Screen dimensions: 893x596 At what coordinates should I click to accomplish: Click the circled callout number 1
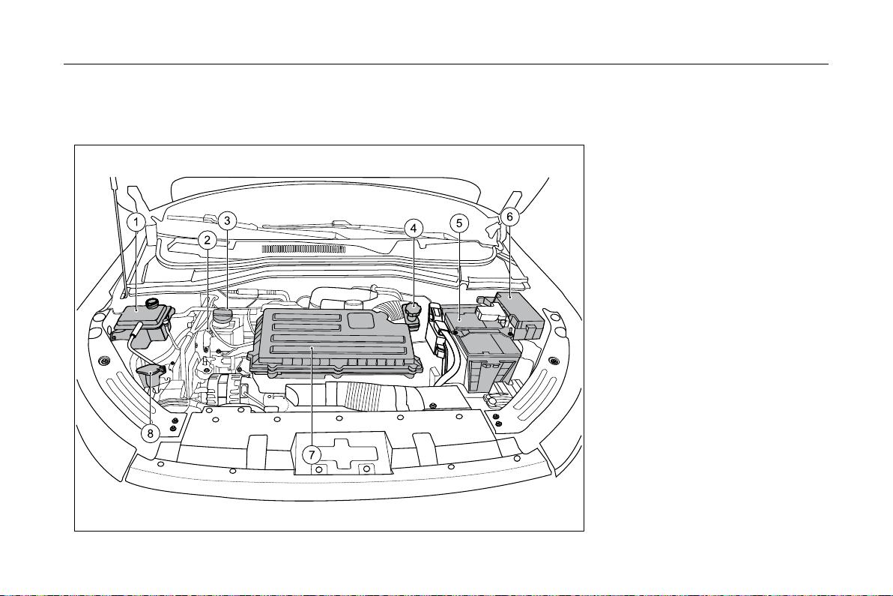click(x=136, y=222)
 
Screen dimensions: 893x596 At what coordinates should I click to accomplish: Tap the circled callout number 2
click(x=208, y=240)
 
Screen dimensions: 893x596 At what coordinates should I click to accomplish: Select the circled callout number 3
click(x=227, y=220)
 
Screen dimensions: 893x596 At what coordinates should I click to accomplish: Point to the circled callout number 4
click(x=414, y=229)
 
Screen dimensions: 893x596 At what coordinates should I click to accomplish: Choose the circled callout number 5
click(x=459, y=223)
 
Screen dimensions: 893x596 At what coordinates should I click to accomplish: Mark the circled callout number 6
click(x=509, y=217)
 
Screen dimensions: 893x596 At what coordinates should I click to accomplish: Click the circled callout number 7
click(x=311, y=455)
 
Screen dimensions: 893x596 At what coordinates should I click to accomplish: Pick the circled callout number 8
click(x=151, y=433)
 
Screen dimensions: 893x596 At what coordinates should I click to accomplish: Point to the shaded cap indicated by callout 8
click(x=151, y=374)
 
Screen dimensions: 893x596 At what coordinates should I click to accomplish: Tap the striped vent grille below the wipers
click(x=303, y=249)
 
